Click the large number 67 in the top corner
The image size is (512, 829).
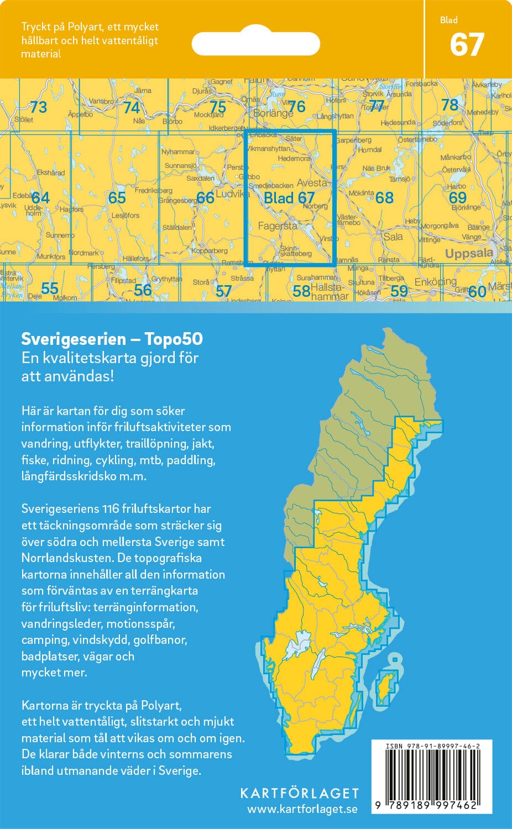click(467, 45)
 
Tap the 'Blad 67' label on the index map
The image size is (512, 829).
click(289, 198)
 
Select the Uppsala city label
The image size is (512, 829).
click(469, 254)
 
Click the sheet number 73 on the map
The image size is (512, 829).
click(38, 107)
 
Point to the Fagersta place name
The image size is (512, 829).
click(278, 226)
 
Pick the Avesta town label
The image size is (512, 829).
click(311, 183)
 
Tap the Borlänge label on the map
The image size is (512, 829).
click(273, 113)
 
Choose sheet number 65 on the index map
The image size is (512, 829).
click(117, 197)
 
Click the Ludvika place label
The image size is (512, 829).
click(233, 194)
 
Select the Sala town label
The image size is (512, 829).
click(393, 237)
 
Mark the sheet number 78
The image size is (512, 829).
click(450, 104)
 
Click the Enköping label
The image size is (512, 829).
click(436, 282)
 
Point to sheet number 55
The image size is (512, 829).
click(50, 288)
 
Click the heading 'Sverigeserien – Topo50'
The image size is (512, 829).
click(112, 339)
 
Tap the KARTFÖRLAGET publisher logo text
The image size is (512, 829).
click(300, 793)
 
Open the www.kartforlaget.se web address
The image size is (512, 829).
click(302, 809)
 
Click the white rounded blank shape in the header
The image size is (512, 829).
click(255, 44)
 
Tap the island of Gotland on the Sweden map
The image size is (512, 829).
click(385, 688)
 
